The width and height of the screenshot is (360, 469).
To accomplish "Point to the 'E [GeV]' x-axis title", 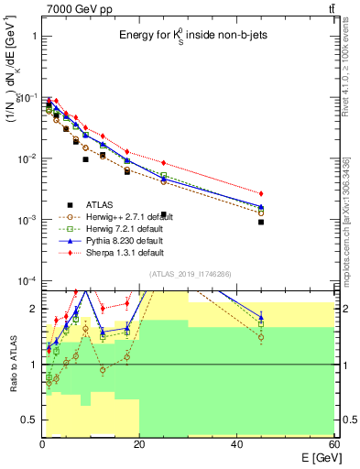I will (316, 458).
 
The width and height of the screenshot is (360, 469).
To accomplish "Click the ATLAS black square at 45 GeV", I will (261, 222).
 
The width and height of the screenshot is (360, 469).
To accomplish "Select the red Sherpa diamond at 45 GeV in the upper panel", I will (261, 194).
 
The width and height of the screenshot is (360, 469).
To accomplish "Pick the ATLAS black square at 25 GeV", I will (163, 214).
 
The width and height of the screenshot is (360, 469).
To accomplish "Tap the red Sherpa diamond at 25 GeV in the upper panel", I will (163, 163).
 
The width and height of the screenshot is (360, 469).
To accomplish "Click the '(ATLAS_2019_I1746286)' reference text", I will (189, 274).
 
